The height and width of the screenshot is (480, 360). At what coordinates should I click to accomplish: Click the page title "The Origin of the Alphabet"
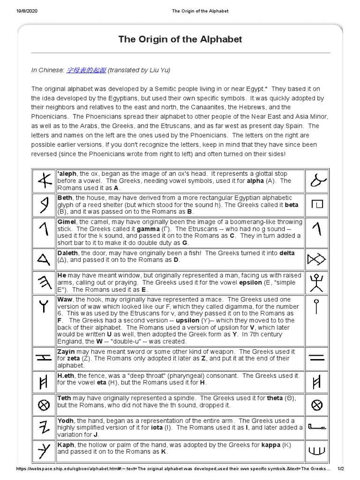pos(180,39)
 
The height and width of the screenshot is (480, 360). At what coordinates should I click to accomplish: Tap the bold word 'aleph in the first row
pos(67,174)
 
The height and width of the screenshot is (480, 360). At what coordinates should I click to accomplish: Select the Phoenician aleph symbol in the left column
pos(44,180)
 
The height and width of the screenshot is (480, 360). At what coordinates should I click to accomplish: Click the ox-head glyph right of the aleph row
pos(317,180)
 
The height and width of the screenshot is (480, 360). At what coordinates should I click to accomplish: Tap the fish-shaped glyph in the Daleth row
pos(317,259)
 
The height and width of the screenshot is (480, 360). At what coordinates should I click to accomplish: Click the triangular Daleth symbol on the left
pos(44,259)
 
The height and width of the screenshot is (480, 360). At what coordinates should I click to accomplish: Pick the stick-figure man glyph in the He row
pos(317,283)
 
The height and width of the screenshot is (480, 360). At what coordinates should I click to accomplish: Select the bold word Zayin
pos(67,351)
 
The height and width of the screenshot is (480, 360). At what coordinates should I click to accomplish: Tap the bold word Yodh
pos(66,421)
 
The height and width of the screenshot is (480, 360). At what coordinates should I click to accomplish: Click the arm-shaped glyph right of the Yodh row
pos(317,427)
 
